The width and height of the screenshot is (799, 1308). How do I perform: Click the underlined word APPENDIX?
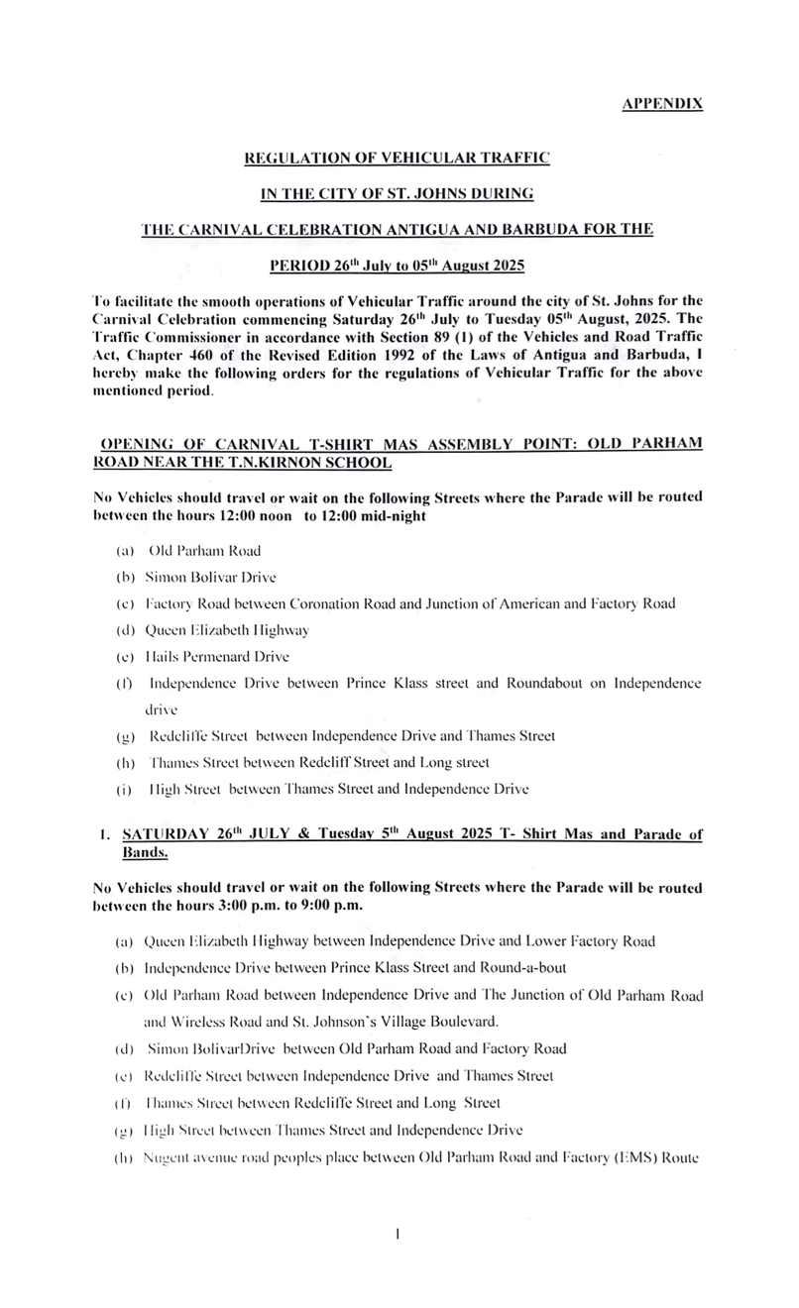[x=662, y=103]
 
